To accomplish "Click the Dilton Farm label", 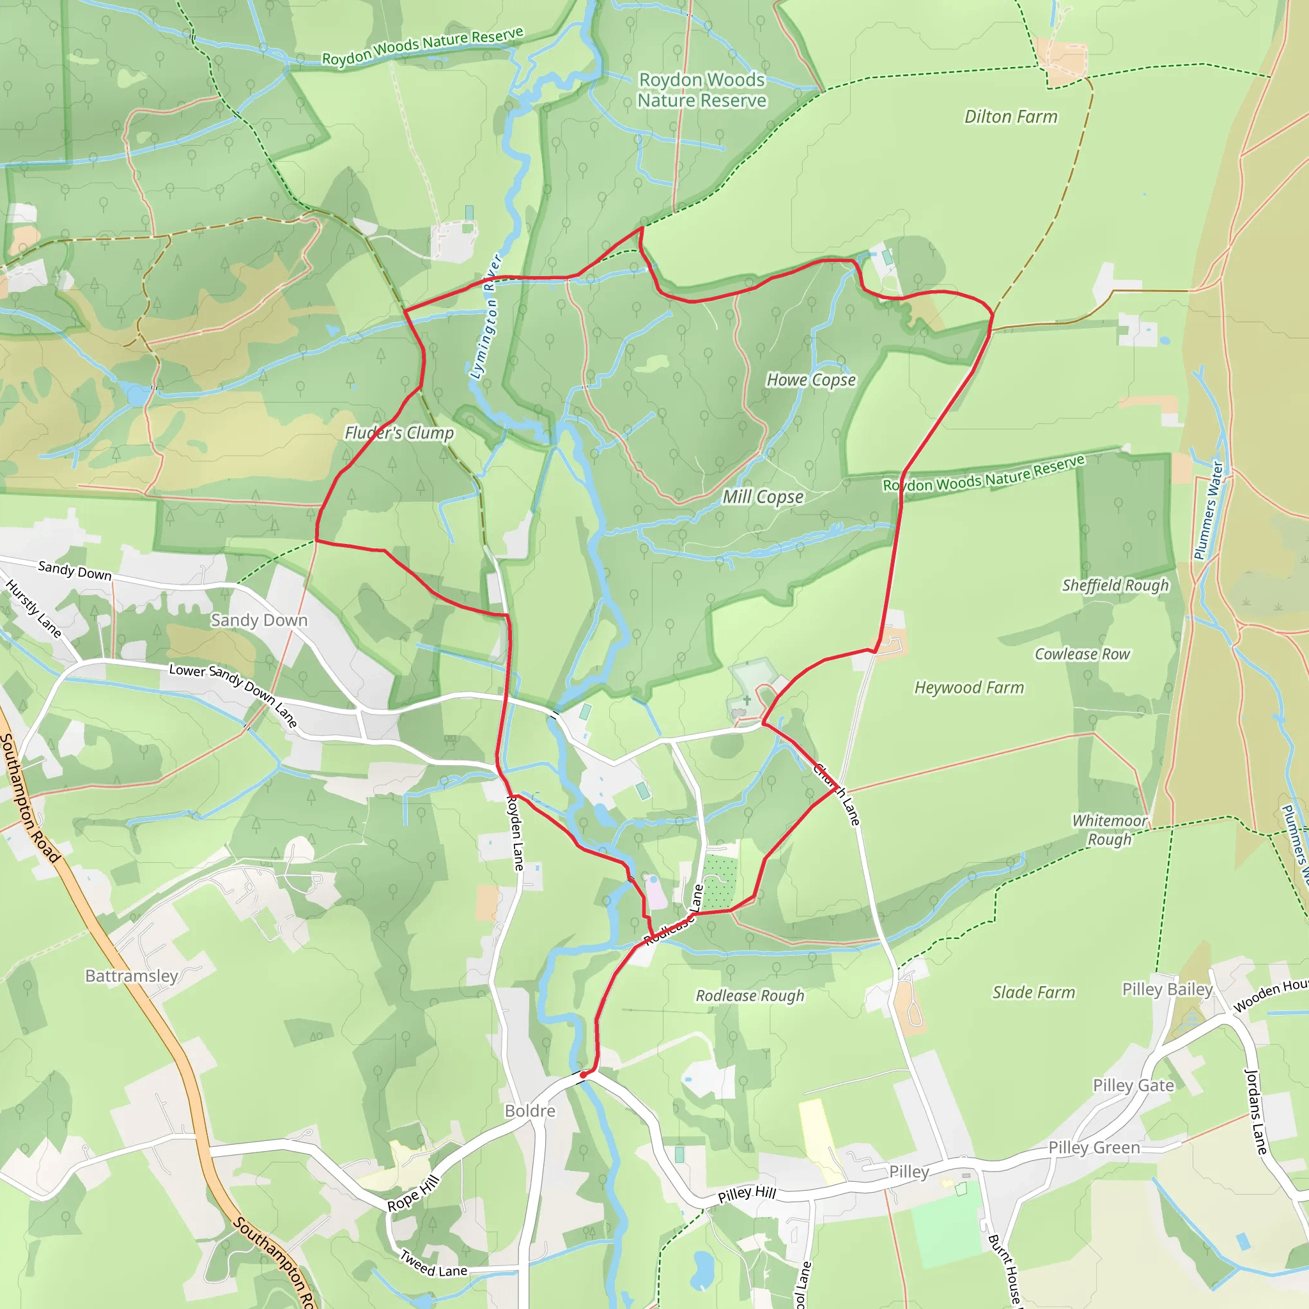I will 1011,117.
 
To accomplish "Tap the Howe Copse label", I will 811,380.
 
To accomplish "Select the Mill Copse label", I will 763,497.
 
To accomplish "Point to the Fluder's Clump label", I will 399,433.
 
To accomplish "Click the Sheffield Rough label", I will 1115,585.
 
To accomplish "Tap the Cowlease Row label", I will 1082,654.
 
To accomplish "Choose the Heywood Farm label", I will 969,688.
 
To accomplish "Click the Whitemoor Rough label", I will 1110,830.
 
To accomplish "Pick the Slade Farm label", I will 1034,993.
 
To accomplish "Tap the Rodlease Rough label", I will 750,996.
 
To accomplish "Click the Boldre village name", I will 530,1111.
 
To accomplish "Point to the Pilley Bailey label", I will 1167,989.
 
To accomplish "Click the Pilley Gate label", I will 1133,1085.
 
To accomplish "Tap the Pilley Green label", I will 1094,1147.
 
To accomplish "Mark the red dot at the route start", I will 583,1075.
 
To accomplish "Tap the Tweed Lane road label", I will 433,1264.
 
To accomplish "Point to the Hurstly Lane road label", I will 33,608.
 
